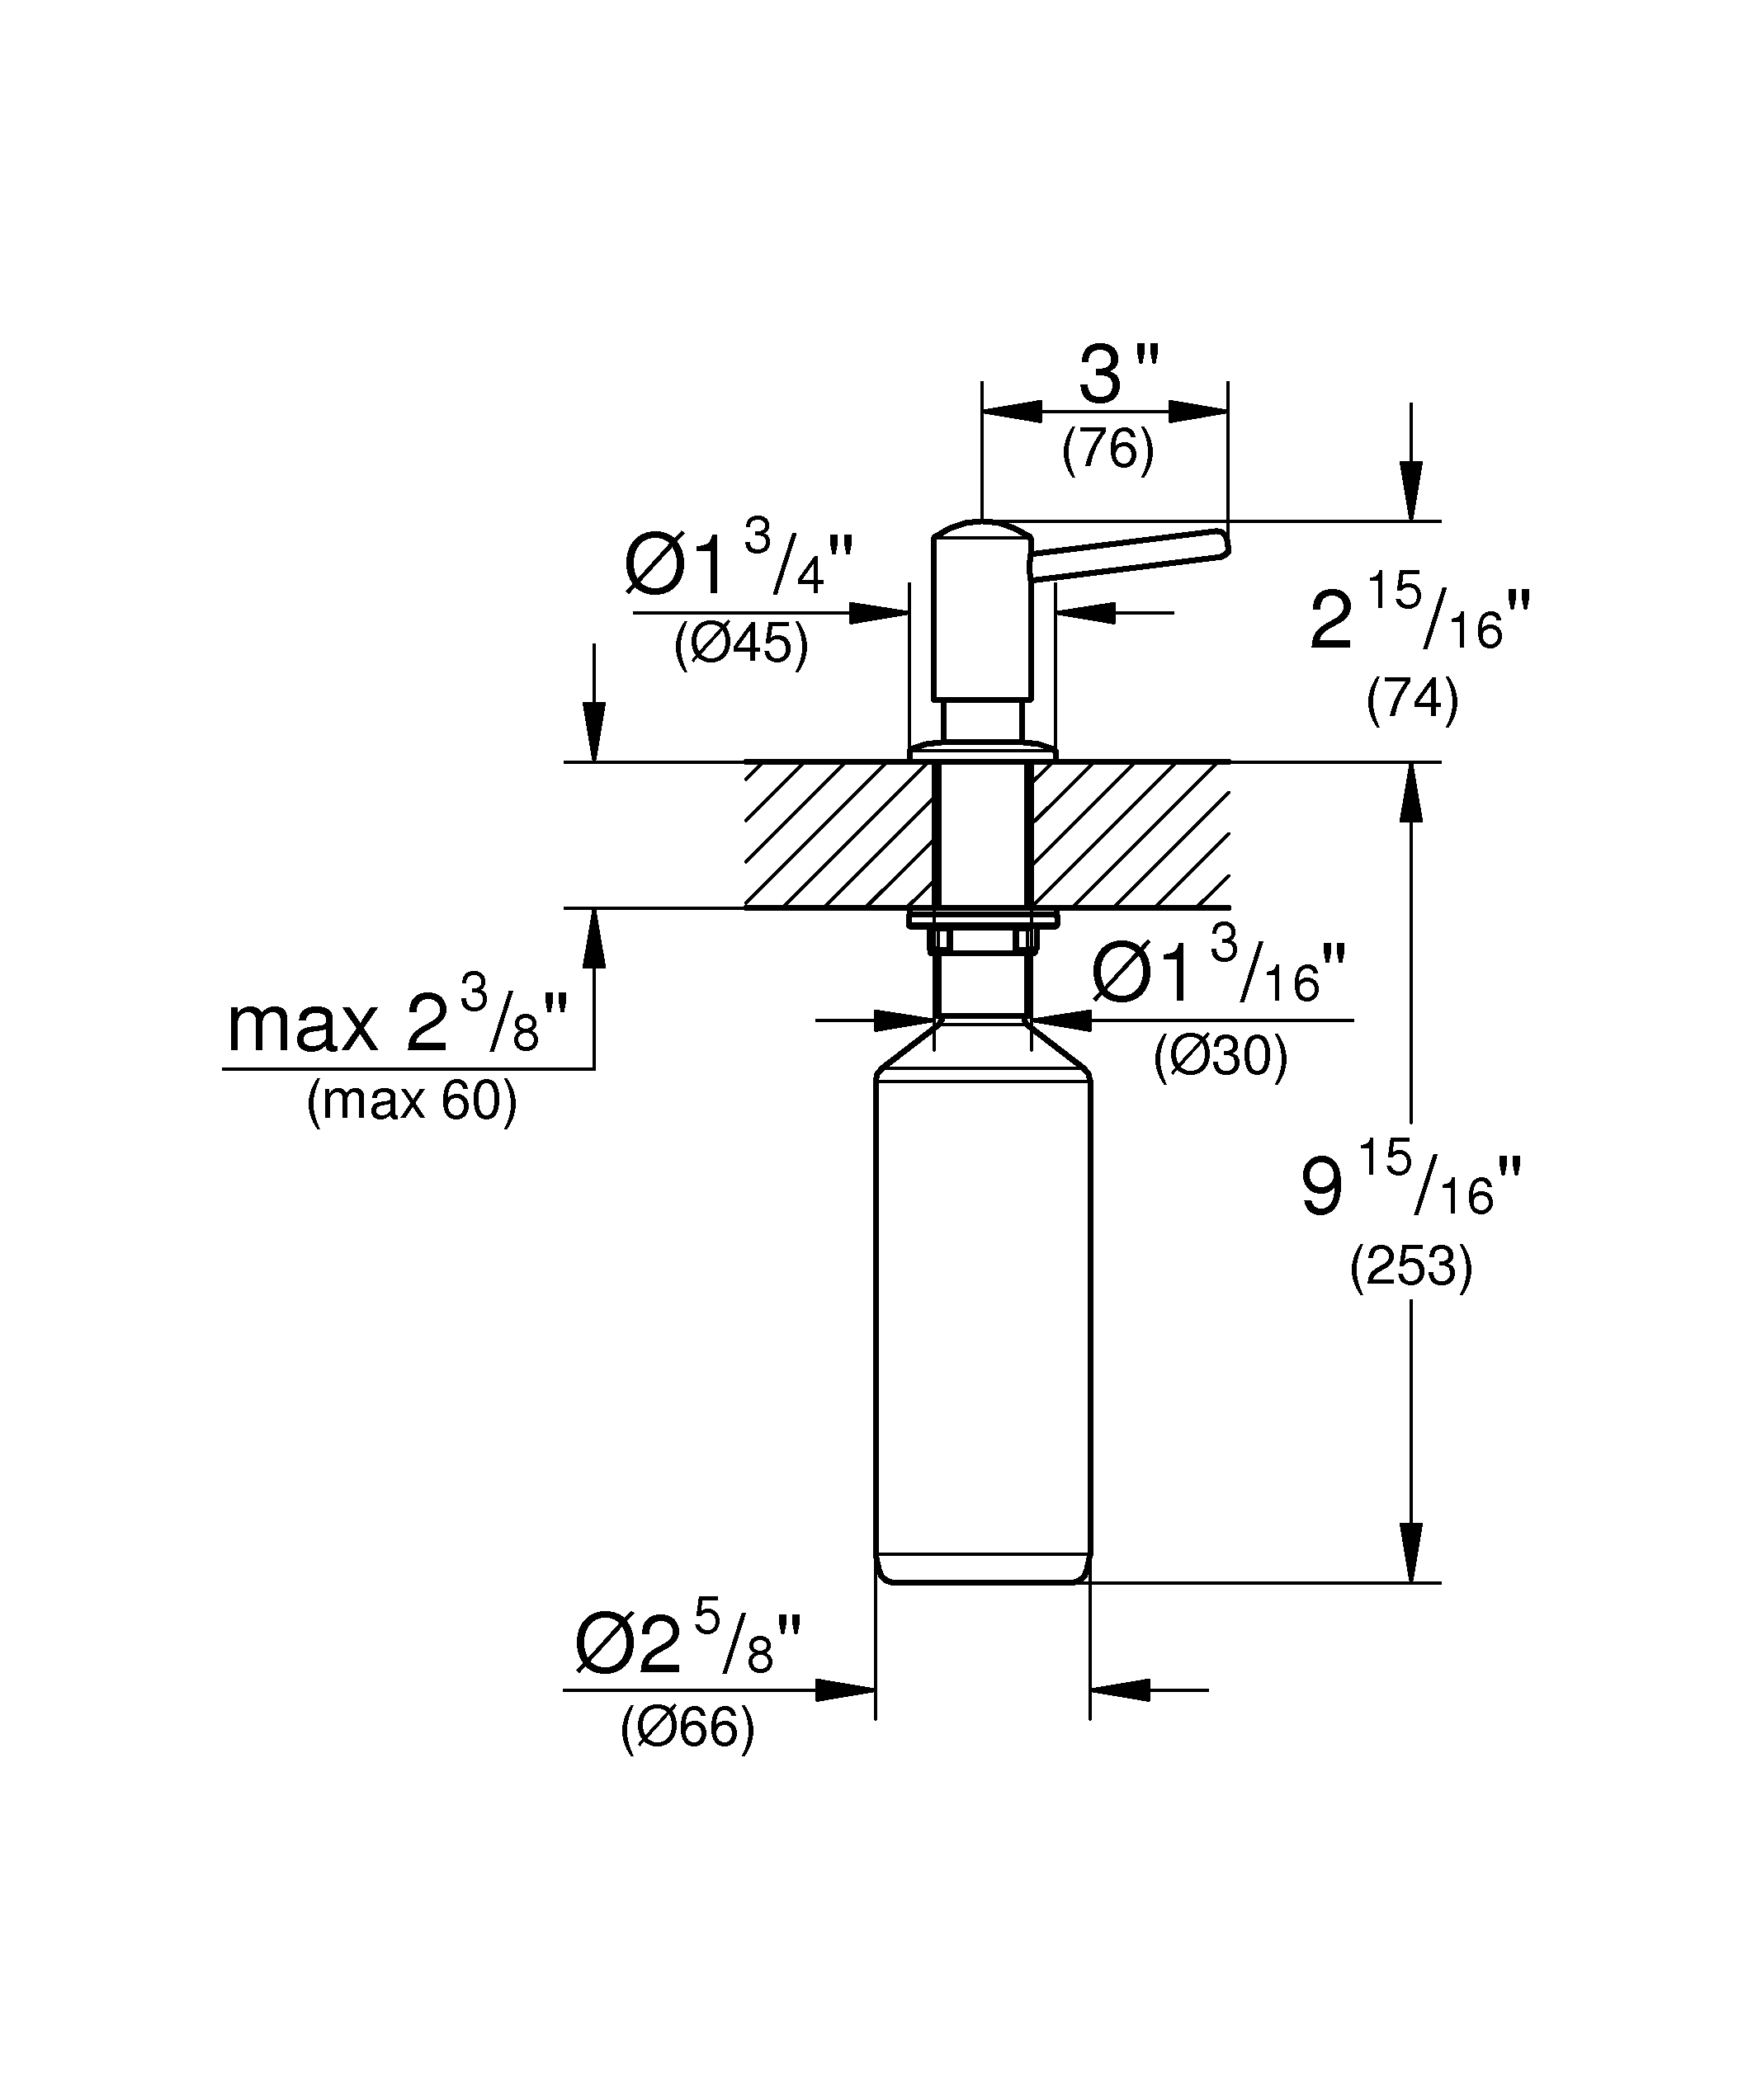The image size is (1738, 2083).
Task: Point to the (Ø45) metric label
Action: (x=741, y=645)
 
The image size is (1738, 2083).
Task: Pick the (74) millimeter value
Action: (x=1412, y=700)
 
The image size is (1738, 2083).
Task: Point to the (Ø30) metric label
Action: (x=1221, y=1057)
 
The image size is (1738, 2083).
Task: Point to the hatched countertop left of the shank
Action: (x=838, y=835)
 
